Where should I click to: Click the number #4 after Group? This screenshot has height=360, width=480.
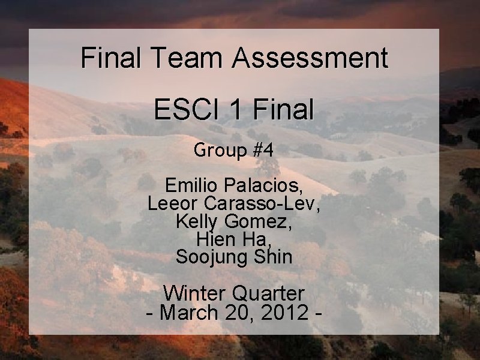click(263, 150)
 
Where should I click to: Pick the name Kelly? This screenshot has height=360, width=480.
click(197, 221)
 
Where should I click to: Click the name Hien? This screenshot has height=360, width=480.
click(215, 239)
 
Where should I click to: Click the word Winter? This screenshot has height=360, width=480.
click(193, 293)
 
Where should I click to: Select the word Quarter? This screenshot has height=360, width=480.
click(268, 293)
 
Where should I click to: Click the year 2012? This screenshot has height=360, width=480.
click(283, 312)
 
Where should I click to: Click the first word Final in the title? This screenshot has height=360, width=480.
click(112, 58)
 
